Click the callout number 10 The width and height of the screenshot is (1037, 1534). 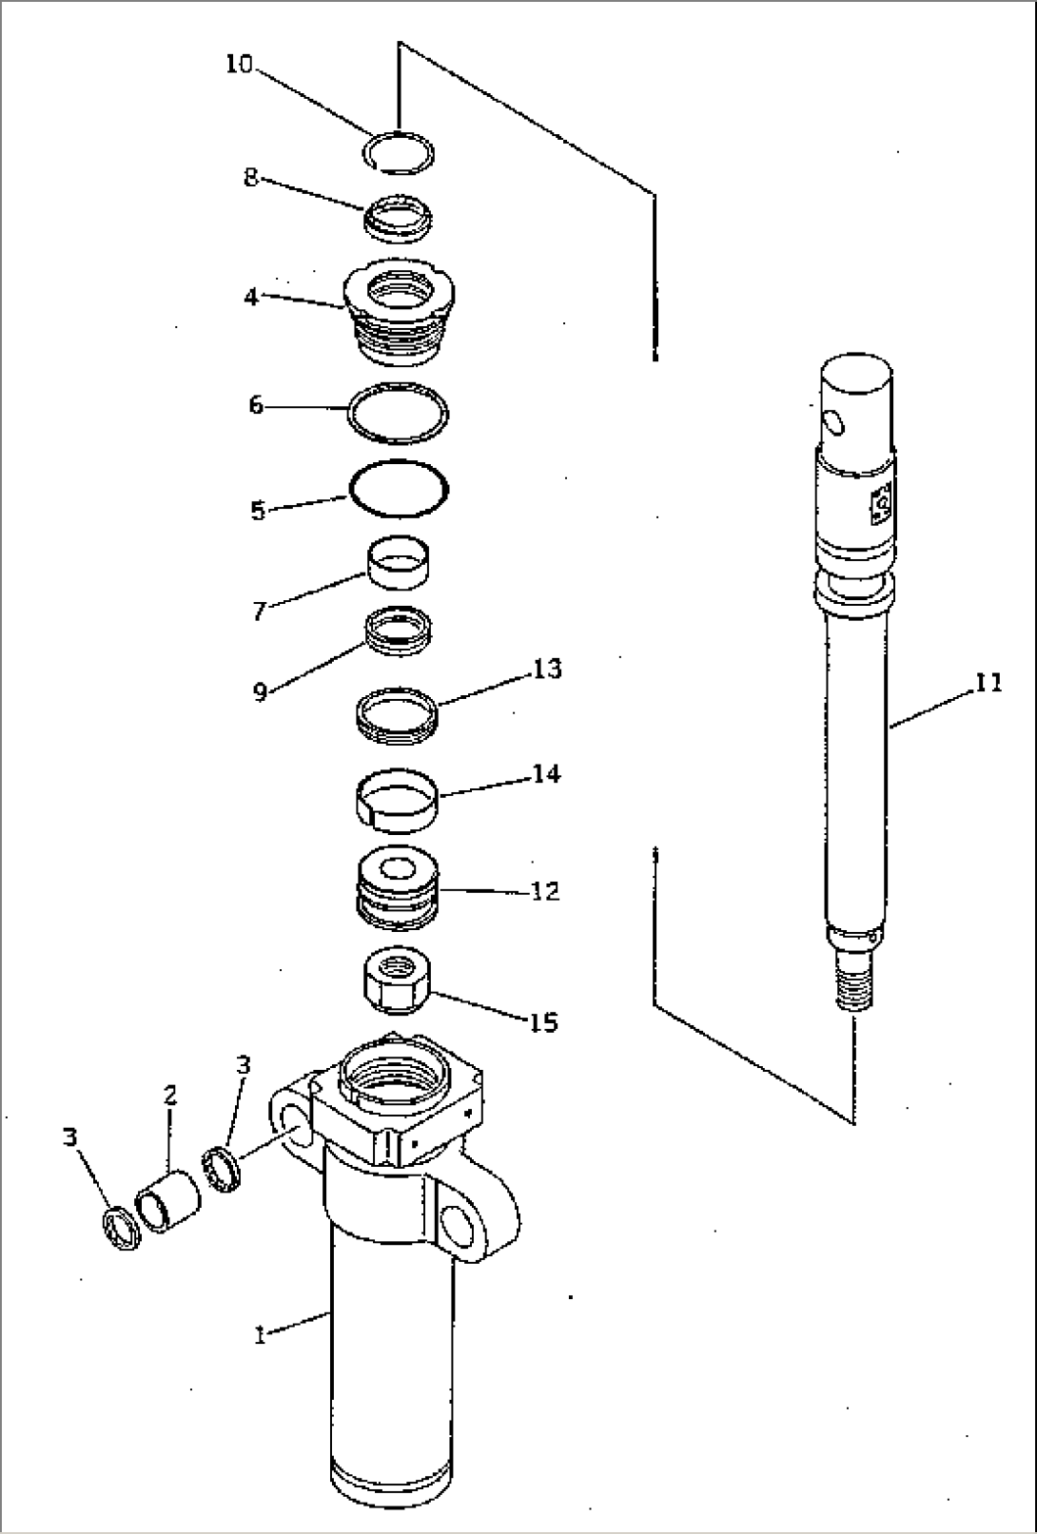[x=240, y=65]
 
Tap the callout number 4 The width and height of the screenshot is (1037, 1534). [x=250, y=297]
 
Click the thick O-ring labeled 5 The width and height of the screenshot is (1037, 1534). [x=399, y=490]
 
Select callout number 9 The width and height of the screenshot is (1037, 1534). [x=260, y=691]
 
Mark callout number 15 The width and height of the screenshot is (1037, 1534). [x=543, y=1023]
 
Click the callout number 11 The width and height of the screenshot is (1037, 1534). [x=988, y=683]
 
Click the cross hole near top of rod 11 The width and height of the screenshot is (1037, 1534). [x=833, y=421]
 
